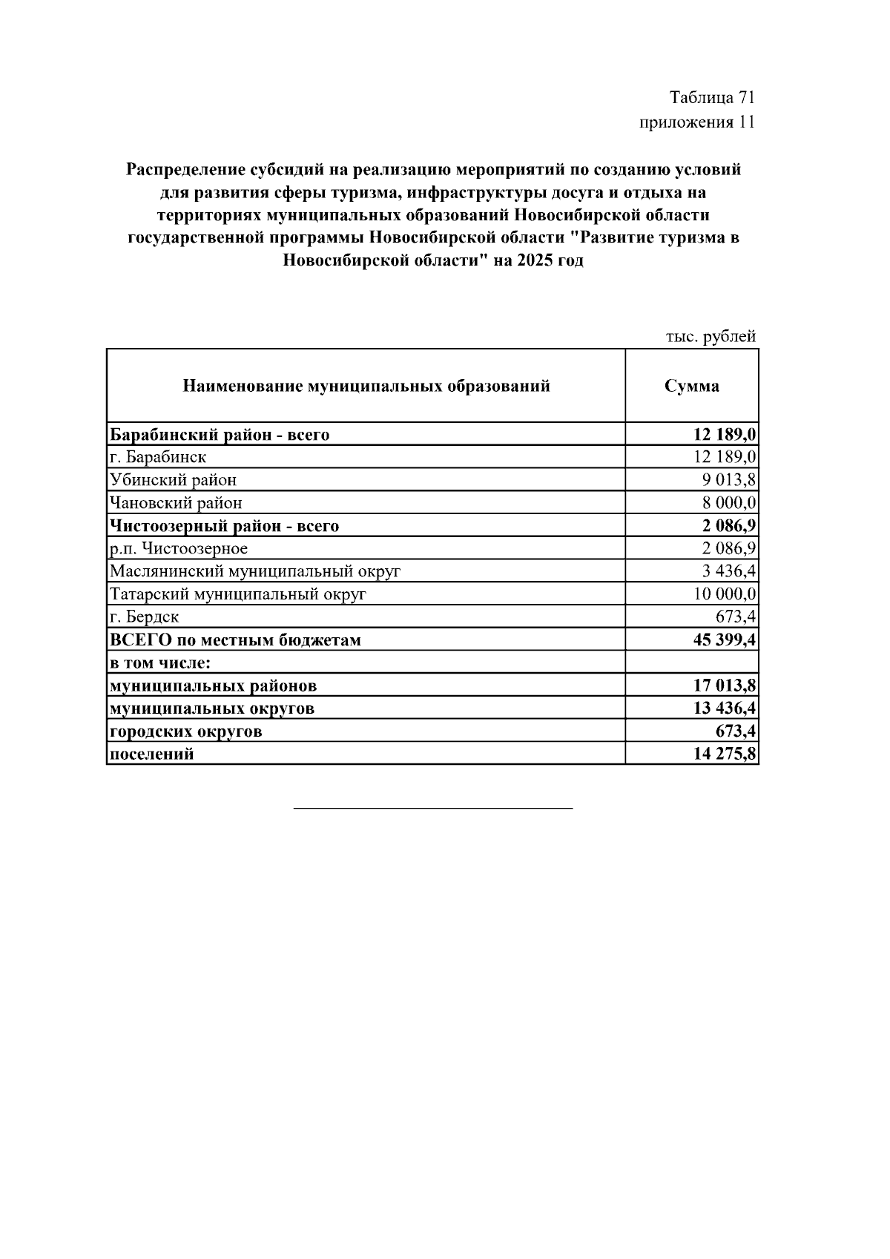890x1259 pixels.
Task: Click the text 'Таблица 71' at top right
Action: tap(712, 98)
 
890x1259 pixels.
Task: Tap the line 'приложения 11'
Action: tap(697, 122)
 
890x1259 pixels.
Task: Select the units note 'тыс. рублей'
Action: tap(711, 337)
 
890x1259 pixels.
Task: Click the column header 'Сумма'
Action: tap(691, 387)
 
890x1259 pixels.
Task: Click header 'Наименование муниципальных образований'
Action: tap(366, 387)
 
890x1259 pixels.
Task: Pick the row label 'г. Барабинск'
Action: tap(158, 457)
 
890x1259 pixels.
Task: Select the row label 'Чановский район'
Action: tap(176, 503)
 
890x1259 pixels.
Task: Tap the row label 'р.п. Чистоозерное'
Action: tap(179, 549)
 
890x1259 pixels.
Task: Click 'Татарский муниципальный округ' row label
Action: tap(238, 594)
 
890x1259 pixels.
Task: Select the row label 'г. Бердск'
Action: tap(145, 617)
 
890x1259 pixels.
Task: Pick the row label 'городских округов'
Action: tap(185, 732)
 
